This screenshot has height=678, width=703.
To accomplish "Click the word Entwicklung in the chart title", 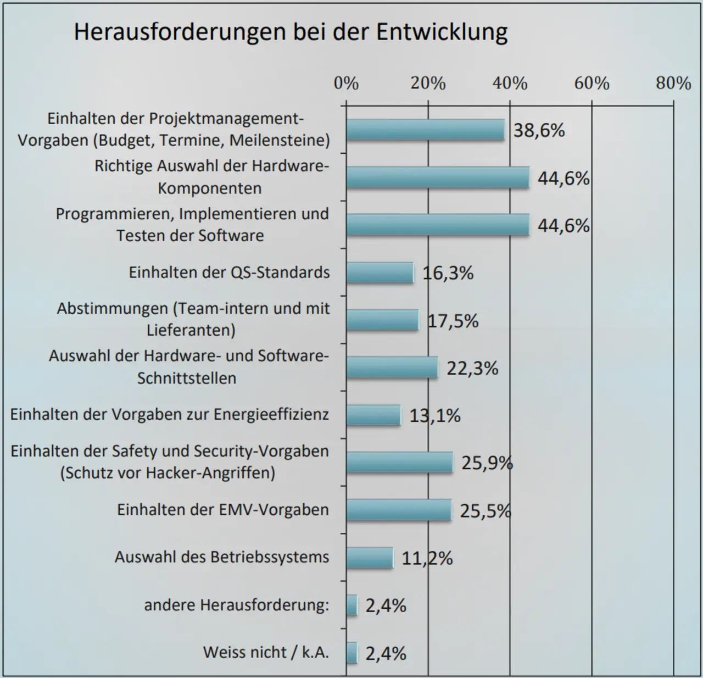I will pyautogui.click(x=442, y=32).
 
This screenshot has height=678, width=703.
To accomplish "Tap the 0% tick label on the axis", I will pyautogui.click(x=346, y=84).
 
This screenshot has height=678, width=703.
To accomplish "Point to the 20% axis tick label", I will pyautogui.click(x=428, y=84).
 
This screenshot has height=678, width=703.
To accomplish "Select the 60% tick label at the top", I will pyautogui.click(x=592, y=84).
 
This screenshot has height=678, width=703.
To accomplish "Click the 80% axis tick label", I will pyautogui.click(x=673, y=84).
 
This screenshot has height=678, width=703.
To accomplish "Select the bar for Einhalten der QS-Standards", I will pyautogui.click(x=380, y=273).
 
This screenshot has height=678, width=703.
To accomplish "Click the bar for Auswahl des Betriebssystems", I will pyautogui.click(x=370, y=558).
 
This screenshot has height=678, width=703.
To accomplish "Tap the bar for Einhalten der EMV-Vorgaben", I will pyautogui.click(x=399, y=510).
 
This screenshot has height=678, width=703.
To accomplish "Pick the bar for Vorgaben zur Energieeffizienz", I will pyautogui.click(x=373, y=415).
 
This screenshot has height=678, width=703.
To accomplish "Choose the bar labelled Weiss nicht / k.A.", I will pyautogui.click(x=351, y=653).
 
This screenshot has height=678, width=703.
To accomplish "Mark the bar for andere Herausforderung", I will pyautogui.click(x=351, y=605).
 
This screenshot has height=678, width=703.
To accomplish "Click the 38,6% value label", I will pyautogui.click(x=539, y=131).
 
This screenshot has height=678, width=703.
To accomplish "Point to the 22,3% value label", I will pyautogui.click(x=472, y=368).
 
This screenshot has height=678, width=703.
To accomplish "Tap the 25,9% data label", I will pyautogui.click(x=487, y=463).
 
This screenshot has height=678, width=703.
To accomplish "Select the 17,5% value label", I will pyautogui.click(x=453, y=321).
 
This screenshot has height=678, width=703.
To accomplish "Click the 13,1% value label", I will pyautogui.click(x=435, y=416).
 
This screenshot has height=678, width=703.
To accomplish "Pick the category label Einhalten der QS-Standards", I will pyautogui.click(x=229, y=273).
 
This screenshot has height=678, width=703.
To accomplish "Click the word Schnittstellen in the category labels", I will pyautogui.click(x=187, y=378).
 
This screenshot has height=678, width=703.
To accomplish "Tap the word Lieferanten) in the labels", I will pyautogui.click(x=191, y=330).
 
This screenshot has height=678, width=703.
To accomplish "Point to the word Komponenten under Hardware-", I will pyautogui.click(x=210, y=188).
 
